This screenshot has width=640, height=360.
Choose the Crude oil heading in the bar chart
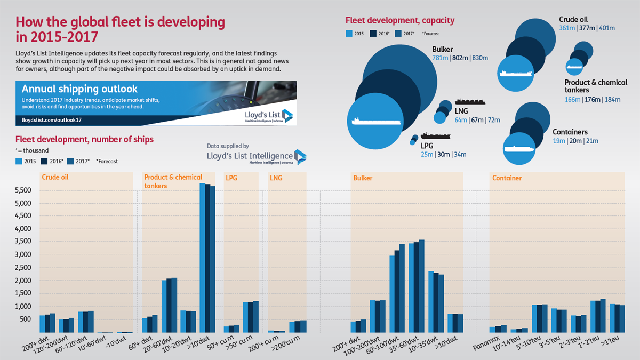[x=55, y=178]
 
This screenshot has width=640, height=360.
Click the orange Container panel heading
[x=507, y=178]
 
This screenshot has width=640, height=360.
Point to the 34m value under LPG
[x=460, y=155]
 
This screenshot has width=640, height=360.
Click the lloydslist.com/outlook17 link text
[x=51, y=120]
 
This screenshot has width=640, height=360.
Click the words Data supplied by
[x=228, y=146]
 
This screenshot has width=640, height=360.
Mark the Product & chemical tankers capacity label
[x=596, y=86]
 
